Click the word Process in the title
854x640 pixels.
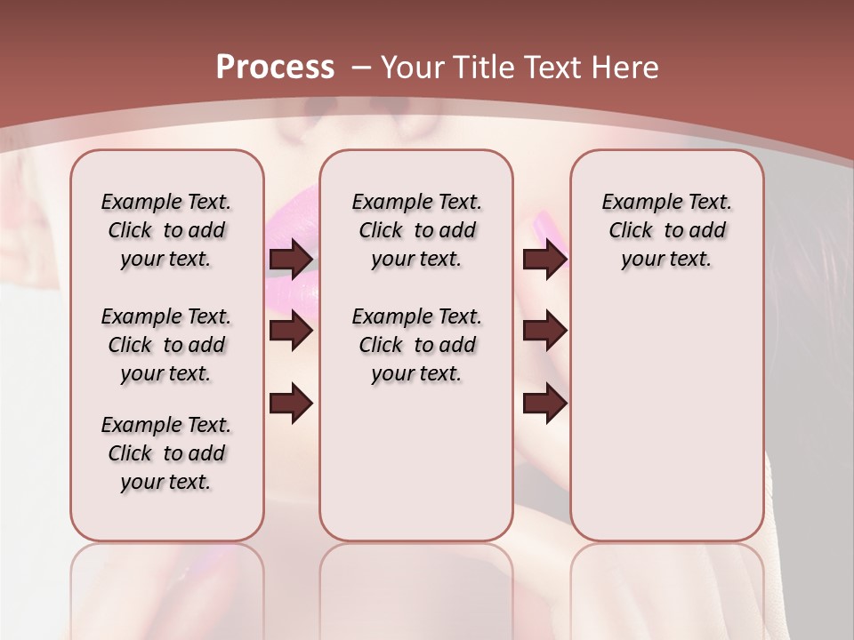275,68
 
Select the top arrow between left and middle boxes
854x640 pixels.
291,260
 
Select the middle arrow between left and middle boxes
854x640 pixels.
291,332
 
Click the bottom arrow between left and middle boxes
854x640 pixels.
291,404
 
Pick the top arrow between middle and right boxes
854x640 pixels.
544,260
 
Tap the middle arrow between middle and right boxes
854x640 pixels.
544,332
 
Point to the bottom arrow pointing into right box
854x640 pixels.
544,404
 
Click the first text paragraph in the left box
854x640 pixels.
166,230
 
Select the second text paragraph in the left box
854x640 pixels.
166,345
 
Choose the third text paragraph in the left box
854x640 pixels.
166,453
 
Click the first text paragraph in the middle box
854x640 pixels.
416,230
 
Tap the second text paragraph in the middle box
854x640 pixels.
416,345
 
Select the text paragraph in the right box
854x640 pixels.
666,230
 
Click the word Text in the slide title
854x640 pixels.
552,68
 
